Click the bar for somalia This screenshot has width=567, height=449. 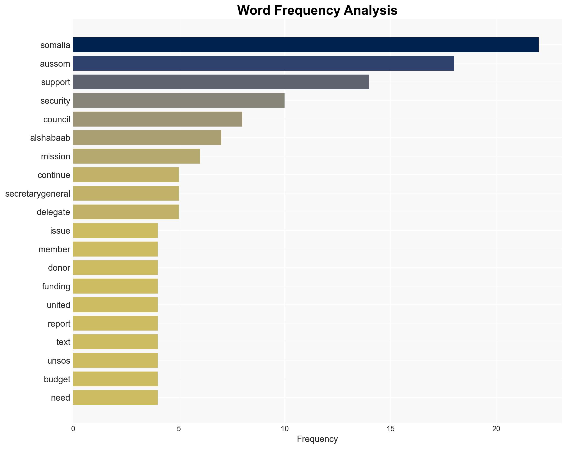point(306,45)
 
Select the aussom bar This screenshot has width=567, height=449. point(263,63)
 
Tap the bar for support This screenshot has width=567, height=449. point(221,82)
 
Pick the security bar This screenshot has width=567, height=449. point(179,100)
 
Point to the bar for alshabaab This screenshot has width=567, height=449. point(147,138)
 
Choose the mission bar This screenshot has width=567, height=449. point(136,156)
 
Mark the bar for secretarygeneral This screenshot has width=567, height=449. point(126,193)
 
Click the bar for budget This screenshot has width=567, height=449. point(115,379)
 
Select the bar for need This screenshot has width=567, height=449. point(115,398)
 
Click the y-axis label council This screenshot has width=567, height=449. point(56,119)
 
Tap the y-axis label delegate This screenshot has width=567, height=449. point(53,212)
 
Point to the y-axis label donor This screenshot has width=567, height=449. point(59,268)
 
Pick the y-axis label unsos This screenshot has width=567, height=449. point(59,361)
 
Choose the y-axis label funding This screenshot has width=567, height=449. point(56,286)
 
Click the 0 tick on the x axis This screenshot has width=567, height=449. point(73,429)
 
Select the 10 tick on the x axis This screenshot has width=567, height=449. point(285,429)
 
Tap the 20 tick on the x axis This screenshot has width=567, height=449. point(496,429)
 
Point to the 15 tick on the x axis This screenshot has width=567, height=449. point(390,429)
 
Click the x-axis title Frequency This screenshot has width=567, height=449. point(317,439)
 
